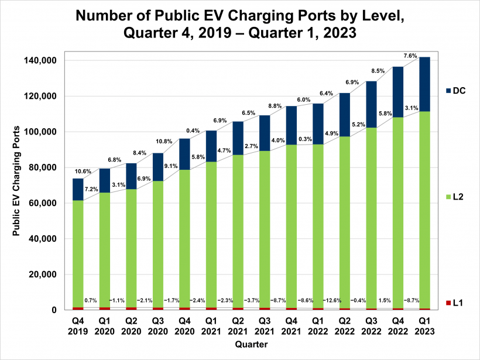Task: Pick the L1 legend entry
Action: coord(457,303)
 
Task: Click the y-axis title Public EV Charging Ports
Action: coord(17,181)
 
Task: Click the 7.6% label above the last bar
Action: coord(410,56)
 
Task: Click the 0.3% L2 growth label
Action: coord(304,139)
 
